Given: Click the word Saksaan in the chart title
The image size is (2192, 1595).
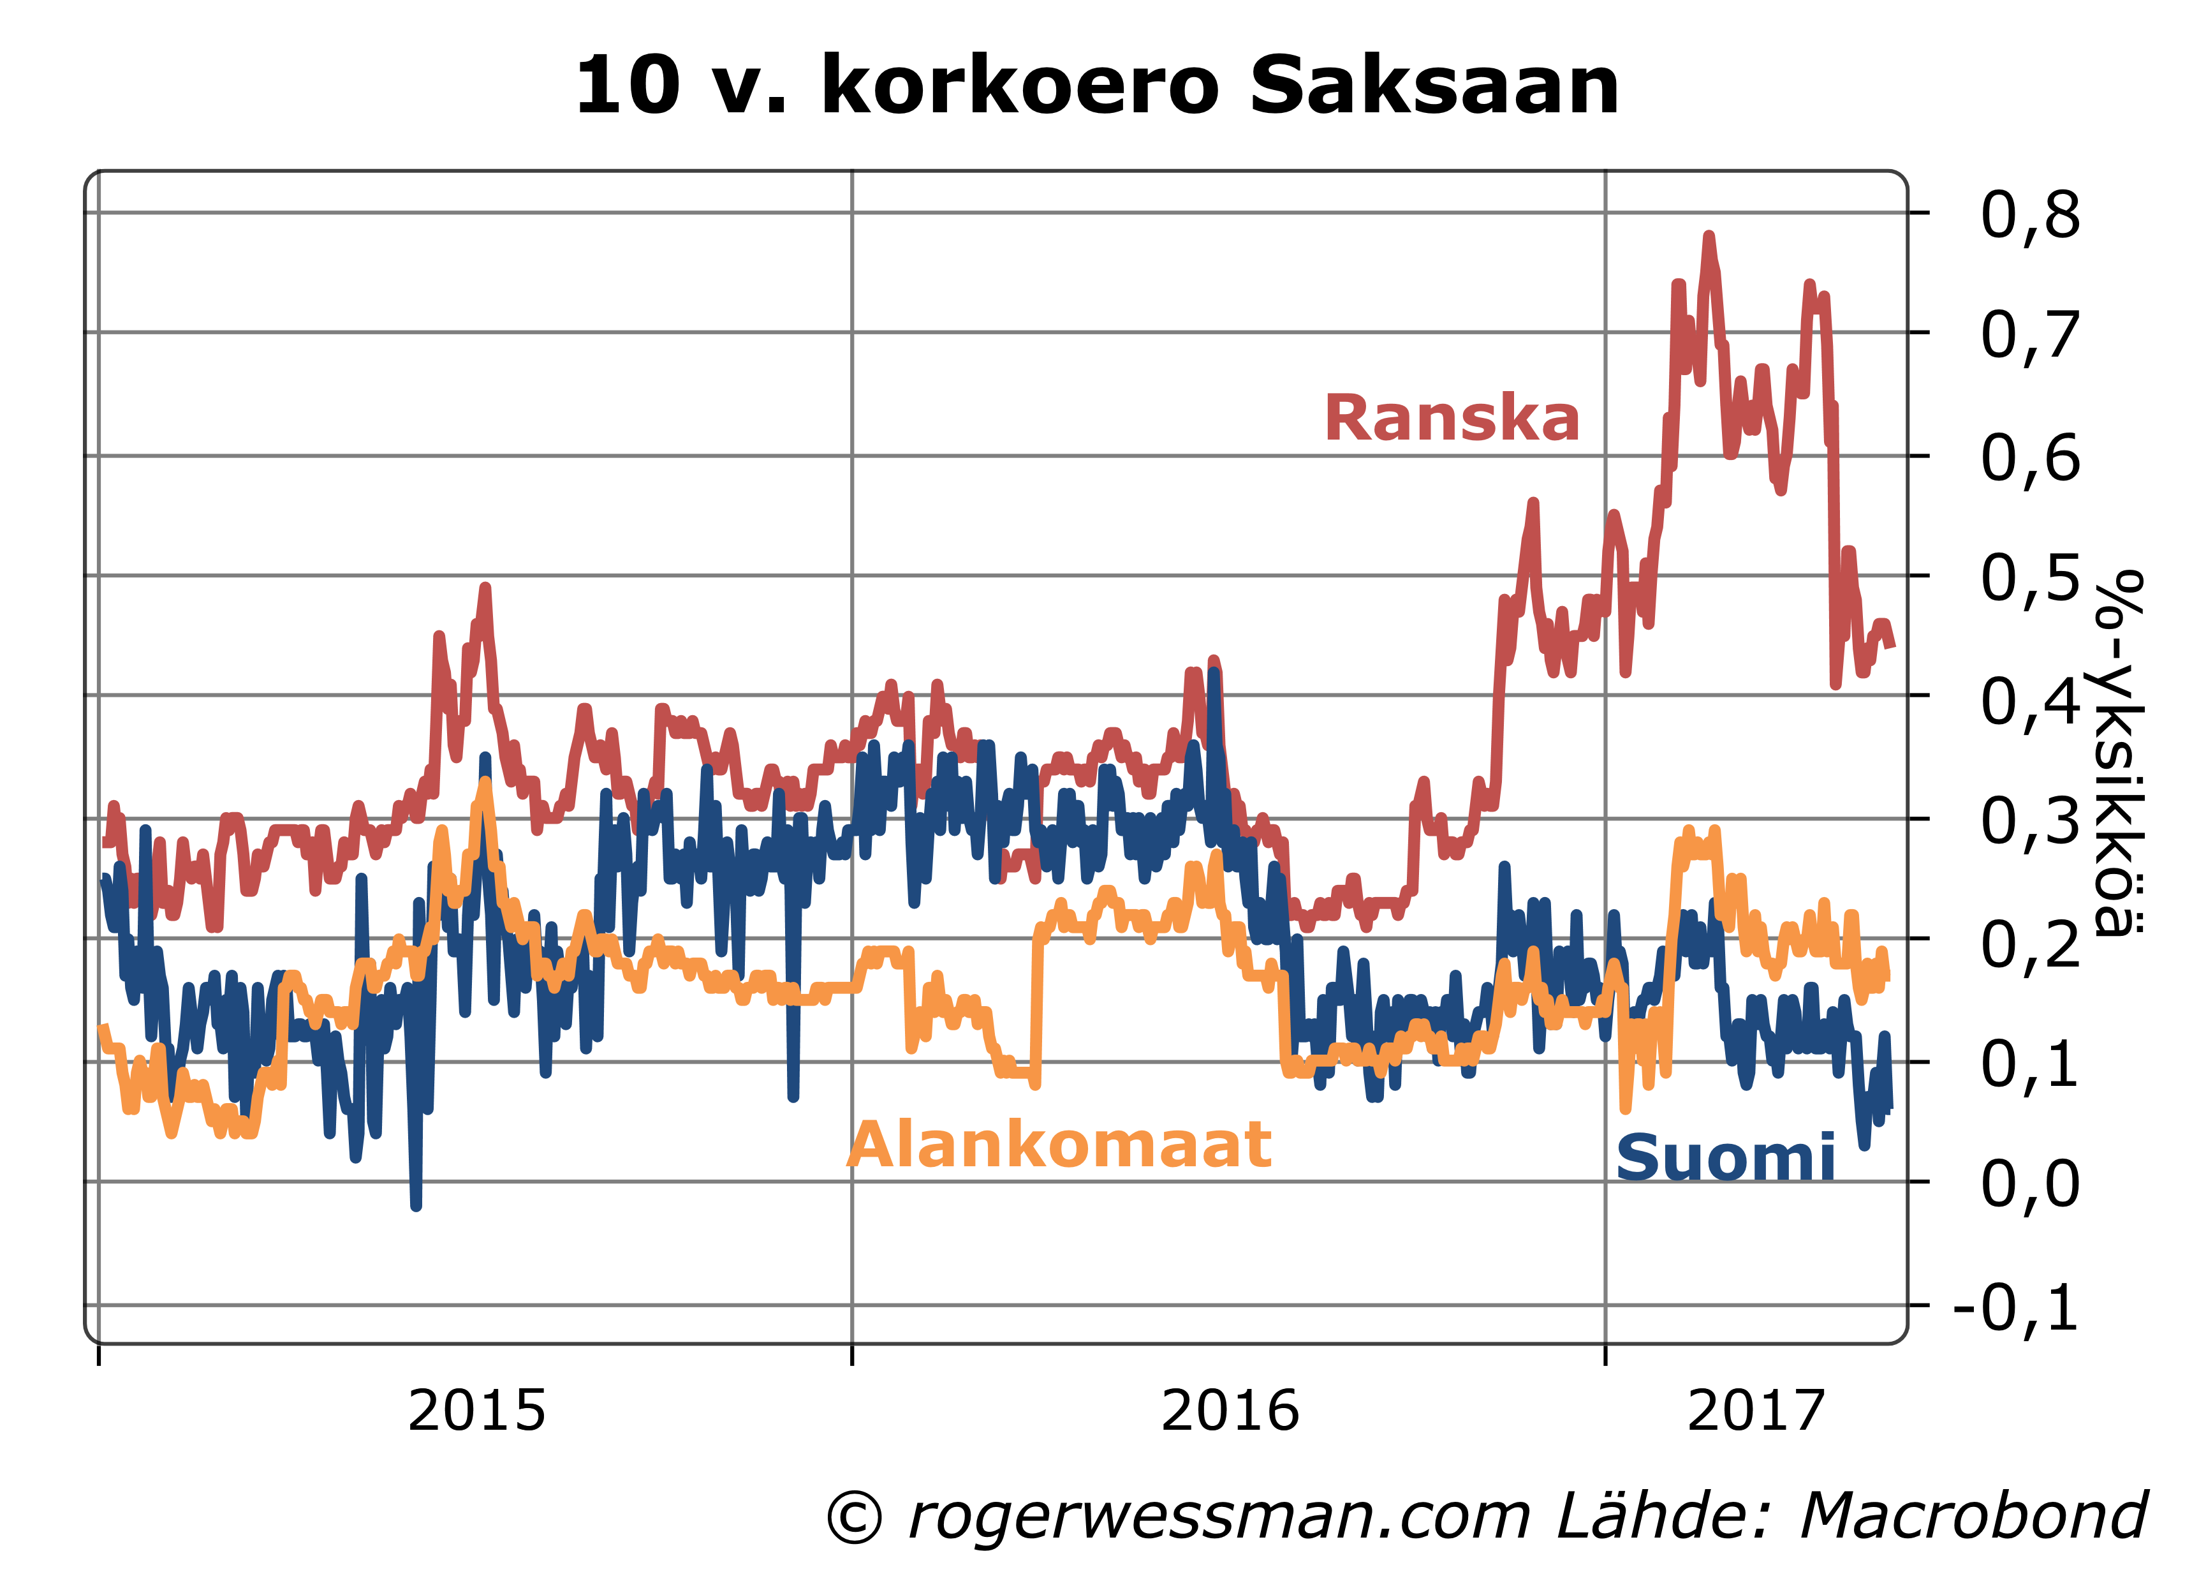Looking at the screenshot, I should tap(1433, 87).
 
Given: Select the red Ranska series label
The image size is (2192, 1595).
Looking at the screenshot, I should tap(1452, 419).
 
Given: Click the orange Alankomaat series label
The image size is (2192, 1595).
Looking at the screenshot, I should tap(1059, 1145).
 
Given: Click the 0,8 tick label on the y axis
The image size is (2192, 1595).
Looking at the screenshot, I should tap(2029, 214).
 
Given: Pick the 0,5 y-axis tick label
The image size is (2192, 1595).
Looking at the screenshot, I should tap(2029, 577).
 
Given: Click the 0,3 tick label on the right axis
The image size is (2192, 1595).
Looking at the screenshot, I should tap(2029, 820).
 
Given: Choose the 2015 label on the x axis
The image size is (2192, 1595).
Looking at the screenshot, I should tap(476, 1411).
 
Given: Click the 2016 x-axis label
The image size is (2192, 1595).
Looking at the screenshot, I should tap(1230, 1411).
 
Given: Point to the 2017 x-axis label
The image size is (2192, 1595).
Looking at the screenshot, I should tap(1755, 1411).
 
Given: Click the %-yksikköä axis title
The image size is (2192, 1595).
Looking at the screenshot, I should tap(2119, 754).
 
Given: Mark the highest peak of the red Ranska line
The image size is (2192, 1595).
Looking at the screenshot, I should tap(1709, 236).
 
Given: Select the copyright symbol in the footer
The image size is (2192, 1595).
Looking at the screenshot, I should tap(855, 1517).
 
